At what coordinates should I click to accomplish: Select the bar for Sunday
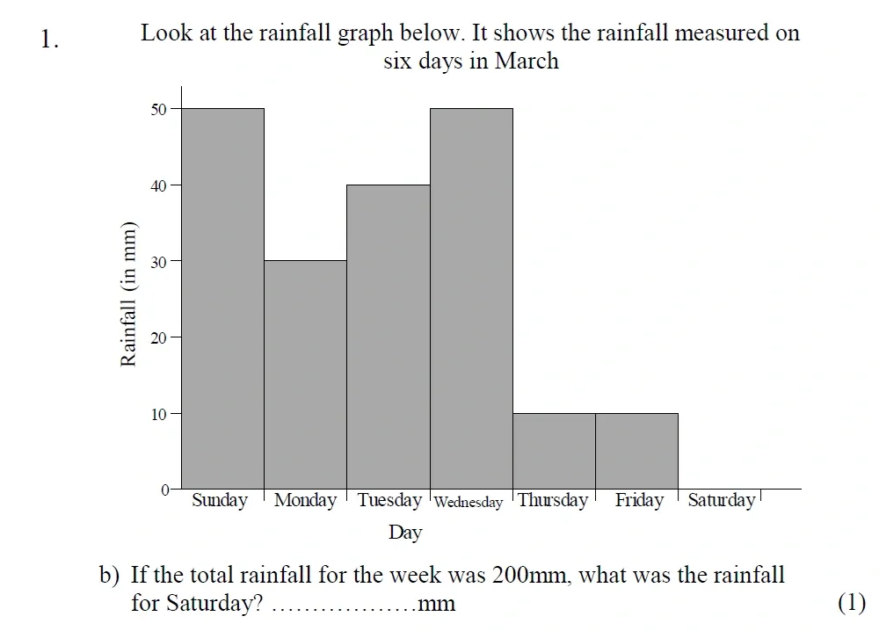222,299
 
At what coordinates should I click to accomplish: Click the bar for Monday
305,374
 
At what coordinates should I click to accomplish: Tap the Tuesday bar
388,337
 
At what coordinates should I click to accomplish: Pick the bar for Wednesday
471,299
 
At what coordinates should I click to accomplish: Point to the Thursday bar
554,451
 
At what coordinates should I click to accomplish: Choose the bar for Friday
636,451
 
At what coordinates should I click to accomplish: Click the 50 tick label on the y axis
159,109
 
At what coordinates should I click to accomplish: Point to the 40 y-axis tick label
159,185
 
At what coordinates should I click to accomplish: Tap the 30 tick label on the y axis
159,261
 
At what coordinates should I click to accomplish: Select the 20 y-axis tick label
159,337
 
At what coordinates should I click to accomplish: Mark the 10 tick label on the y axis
159,413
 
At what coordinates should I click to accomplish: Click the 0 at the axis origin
164,490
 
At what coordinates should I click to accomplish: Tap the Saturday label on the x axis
721,500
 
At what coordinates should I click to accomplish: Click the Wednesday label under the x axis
469,503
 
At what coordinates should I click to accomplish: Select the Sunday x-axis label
220,501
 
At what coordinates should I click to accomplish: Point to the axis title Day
405,532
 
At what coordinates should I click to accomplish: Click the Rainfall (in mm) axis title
129,293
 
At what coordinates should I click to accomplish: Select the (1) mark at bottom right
852,603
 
